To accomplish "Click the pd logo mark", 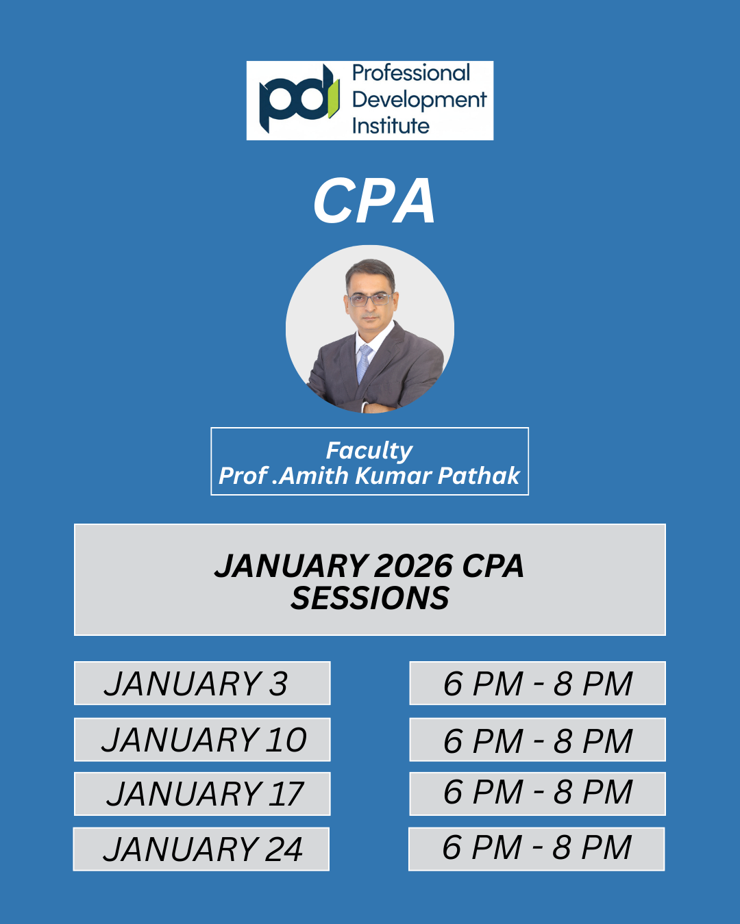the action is tap(299, 99).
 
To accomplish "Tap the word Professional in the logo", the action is tap(410, 73).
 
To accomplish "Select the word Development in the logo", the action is tap(419, 101).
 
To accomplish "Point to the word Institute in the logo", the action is tap(391, 126).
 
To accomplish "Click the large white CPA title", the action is tap(373, 201).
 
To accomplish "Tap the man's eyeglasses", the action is tap(370, 299).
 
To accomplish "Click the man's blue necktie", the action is tap(364, 363).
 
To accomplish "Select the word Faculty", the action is tap(369, 451).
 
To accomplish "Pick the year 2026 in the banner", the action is tap(412, 566).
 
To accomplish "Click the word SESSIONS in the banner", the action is tap(370, 598).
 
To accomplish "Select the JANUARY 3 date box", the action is tap(202, 683).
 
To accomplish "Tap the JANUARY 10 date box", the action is tap(202, 739).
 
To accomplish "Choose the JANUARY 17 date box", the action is tap(202, 793).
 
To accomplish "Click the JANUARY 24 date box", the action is tap(201, 849).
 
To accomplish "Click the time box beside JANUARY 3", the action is tap(537, 683).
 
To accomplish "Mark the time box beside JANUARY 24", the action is tap(536, 849).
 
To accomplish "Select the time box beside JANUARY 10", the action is tap(537, 739).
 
